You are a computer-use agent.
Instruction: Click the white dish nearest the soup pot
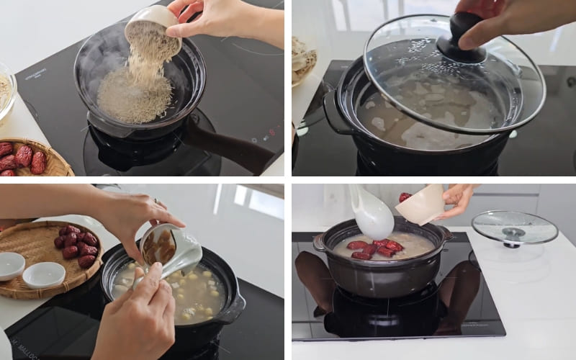[x=44, y=274]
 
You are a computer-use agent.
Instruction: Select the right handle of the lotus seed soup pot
[x=233, y=310]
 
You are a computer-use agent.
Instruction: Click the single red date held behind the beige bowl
[x=405, y=197]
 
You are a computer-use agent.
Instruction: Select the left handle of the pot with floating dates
[x=319, y=243]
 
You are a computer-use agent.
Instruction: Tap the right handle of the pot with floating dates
[x=446, y=234]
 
